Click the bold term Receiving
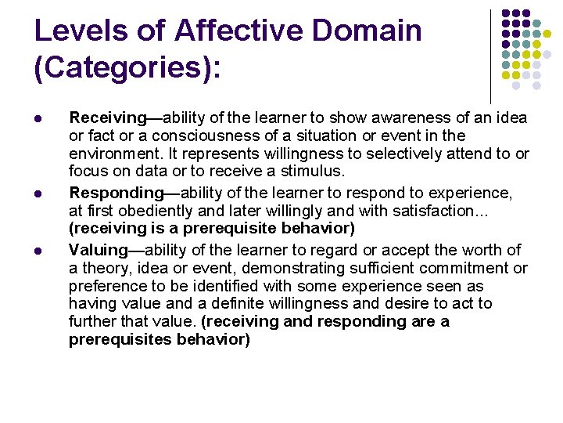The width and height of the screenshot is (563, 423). [x=107, y=118]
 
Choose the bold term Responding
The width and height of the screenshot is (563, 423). [x=114, y=193]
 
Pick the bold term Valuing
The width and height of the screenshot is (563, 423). [x=98, y=250]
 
